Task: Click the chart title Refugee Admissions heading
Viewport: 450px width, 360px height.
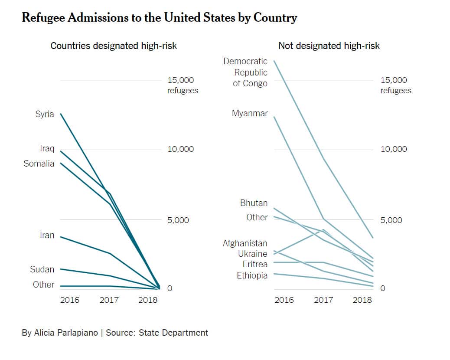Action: tap(159, 18)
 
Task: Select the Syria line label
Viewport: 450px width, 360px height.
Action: tap(45, 114)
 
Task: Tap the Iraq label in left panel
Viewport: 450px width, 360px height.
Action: tap(47, 149)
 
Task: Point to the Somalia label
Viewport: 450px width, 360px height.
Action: tap(39, 164)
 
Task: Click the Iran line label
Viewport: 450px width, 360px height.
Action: tap(47, 235)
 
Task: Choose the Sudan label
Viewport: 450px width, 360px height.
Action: tap(42, 269)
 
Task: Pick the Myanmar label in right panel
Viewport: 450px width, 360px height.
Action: tap(250, 114)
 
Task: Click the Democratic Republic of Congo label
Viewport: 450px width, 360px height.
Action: tap(245, 72)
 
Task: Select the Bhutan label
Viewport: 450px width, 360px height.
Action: tap(254, 203)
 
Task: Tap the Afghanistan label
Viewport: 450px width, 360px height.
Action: tap(245, 243)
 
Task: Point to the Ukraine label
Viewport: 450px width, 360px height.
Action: tap(252, 254)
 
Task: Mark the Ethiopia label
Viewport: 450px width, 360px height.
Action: tap(252, 275)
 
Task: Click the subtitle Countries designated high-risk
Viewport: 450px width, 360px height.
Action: tap(114, 46)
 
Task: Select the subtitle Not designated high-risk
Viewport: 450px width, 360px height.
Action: tap(329, 46)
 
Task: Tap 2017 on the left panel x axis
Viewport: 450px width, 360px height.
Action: tap(109, 300)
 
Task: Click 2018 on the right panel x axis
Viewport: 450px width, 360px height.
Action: tap(362, 300)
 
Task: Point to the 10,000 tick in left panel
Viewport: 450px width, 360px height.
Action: tap(180, 149)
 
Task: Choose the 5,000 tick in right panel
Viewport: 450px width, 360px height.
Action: tap(394, 220)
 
